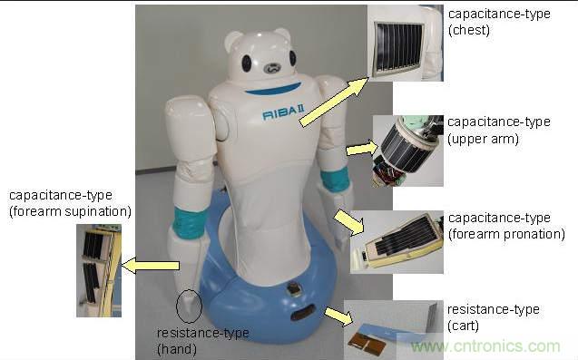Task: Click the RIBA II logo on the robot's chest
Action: (x=283, y=112)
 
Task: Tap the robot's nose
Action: (x=272, y=68)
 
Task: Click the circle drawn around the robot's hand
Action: (x=189, y=306)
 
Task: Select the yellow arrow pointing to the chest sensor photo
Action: (x=334, y=102)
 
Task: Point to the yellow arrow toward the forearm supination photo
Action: (x=151, y=266)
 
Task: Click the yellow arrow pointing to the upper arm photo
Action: (x=362, y=149)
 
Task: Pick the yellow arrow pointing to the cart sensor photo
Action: (x=338, y=316)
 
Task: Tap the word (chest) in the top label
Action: (x=469, y=30)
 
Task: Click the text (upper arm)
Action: (x=484, y=139)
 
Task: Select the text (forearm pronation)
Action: (x=506, y=234)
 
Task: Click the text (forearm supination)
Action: (x=70, y=211)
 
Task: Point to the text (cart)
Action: (x=463, y=326)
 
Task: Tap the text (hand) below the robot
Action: (x=177, y=349)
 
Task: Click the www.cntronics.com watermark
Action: (x=485, y=346)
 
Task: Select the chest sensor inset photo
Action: (x=406, y=43)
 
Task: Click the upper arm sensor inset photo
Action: (x=408, y=151)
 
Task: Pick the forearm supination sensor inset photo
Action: (x=99, y=270)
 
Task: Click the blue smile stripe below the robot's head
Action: (x=273, y=89)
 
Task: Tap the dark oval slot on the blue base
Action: (x=303, y=313)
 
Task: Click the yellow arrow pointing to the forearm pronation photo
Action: (x=349, y=222)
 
